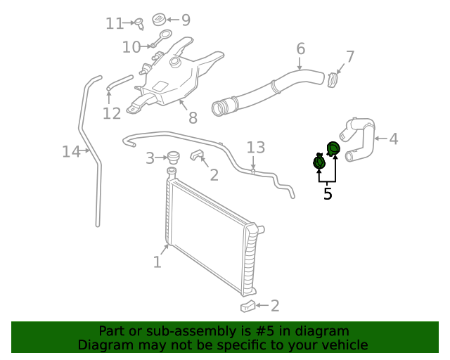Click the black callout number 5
tap(328, 193)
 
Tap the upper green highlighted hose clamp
tap(333, 148)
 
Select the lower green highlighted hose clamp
tap(319, 163)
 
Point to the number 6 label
tap(301, 49)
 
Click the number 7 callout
tap(350, 57)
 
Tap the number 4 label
tap(393, 139)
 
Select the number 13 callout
tap(256, 147)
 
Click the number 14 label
tap(71, 151)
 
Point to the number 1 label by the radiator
tap(157, 262)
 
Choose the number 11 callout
tap(115, 24)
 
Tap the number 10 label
tap(131, 47)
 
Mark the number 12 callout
tap(112, 113)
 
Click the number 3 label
tap(150, 158)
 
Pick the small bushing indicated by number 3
tap(172, 157)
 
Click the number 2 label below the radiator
tap(275, 305)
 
